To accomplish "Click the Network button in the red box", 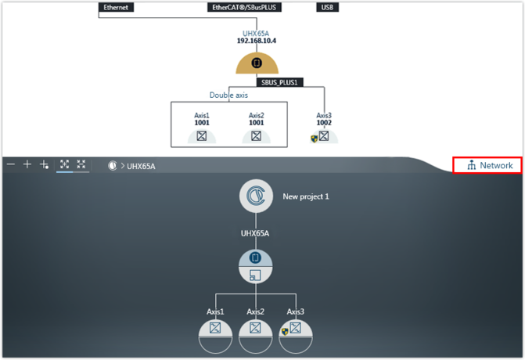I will point(490,165).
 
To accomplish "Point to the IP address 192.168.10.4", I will point(256,41).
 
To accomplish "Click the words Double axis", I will point(228,95).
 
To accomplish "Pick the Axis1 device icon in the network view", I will point(201,135).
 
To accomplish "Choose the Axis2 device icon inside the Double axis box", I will point(256,135).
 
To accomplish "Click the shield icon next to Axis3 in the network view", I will point(315,139).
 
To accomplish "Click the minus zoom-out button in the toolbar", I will point(11,164).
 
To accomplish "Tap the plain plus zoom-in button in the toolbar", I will point(27,164).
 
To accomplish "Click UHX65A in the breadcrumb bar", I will point(141,166).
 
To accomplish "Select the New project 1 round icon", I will point(256,196).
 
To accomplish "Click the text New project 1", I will point(305,196).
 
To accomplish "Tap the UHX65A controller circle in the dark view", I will point(255,266).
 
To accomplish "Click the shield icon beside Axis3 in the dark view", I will point(285,331).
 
